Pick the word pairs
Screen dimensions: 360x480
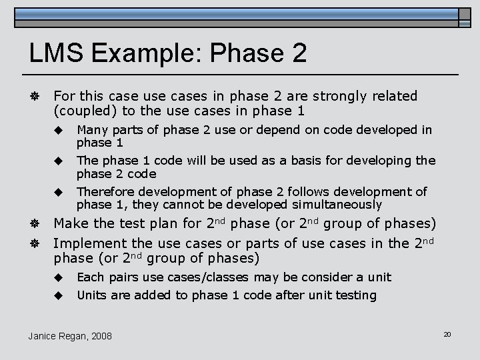(x=123, y=277)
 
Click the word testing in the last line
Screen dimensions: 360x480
(x=356, y=295)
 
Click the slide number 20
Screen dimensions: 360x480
(x=447, y=333)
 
